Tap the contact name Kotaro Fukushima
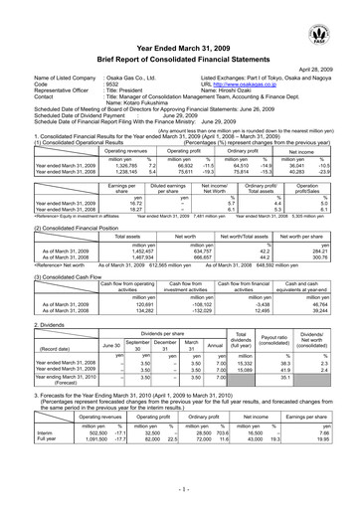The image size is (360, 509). tap(123, 109)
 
